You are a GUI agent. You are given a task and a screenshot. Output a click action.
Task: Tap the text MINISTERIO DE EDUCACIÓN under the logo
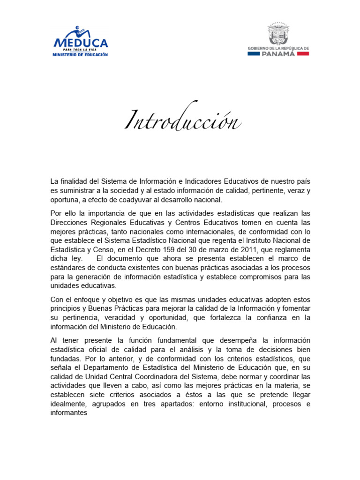[81, 55]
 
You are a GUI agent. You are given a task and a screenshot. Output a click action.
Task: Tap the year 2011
[247, 250]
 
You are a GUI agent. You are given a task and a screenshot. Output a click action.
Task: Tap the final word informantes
[69, 412]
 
